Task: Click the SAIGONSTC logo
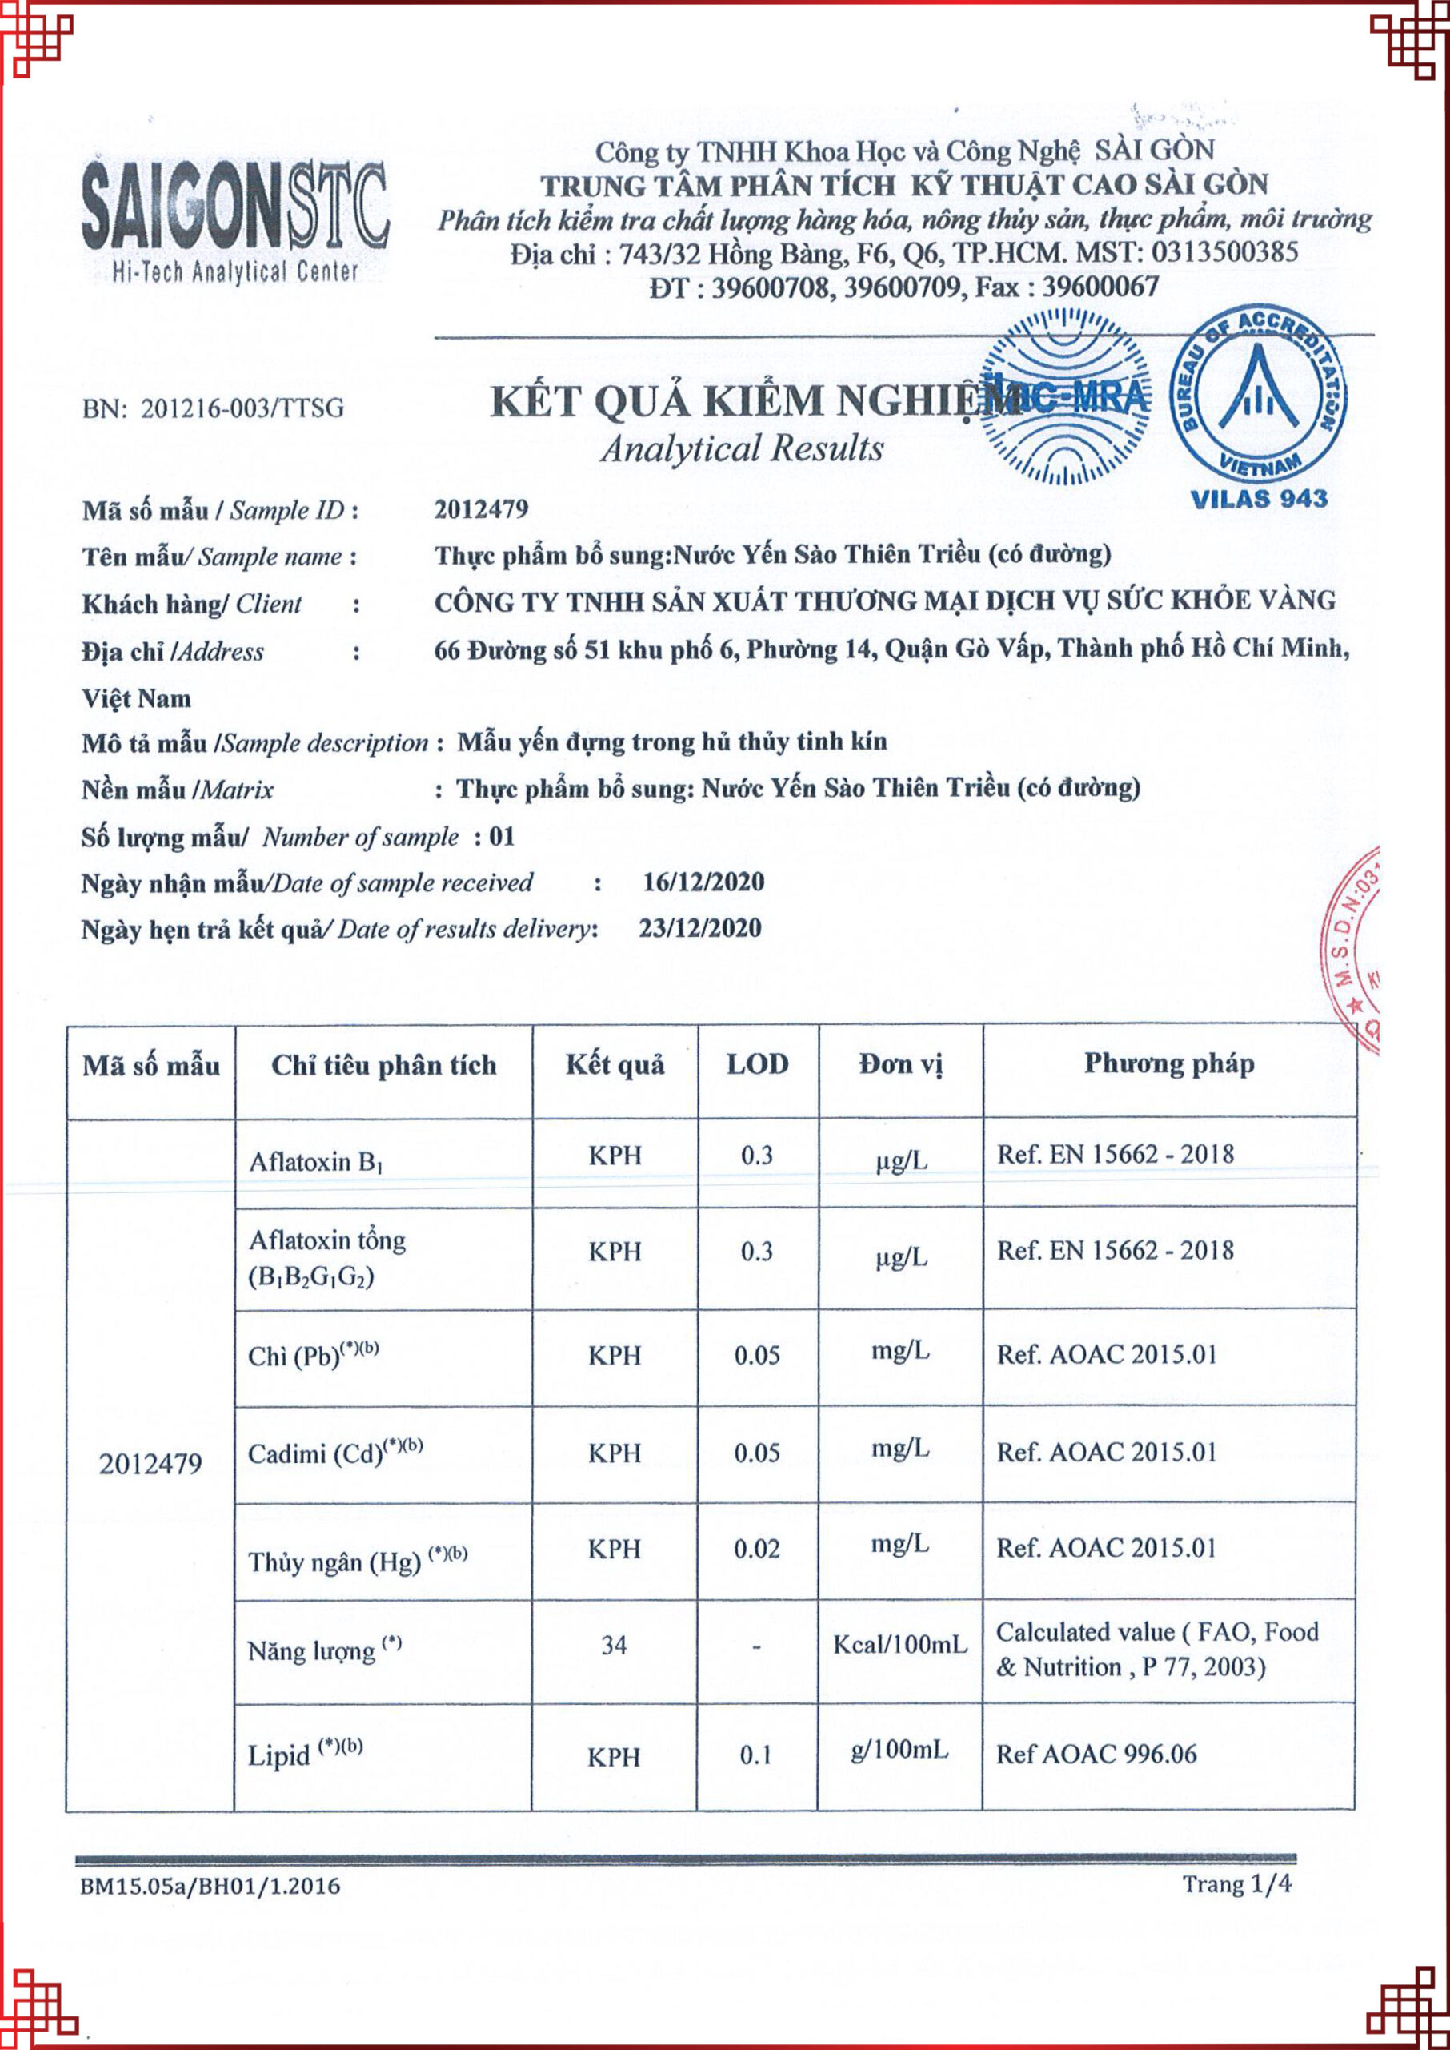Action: click(234, 219)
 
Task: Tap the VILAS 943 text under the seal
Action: click(1258, 498)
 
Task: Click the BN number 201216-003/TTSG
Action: click(214, 408)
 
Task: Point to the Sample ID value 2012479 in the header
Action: click(481, 509)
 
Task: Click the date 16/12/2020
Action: click(703, 882)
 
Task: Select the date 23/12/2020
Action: click(700, 928)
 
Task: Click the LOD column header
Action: click(757, 1064)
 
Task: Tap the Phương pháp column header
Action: click(1169, 1063)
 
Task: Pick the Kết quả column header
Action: click(615, 1065)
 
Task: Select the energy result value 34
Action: click(615, 1645)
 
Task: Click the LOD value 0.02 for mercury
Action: click(756, 1548)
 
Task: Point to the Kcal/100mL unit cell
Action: click(900, 1645)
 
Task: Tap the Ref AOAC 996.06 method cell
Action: click(1096, 1754)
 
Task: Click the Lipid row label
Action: click(304, 1755)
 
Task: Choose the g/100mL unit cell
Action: click(899, 1750)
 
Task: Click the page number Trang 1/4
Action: click(1236, 1884)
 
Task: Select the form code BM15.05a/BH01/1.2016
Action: click(210, 1886)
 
